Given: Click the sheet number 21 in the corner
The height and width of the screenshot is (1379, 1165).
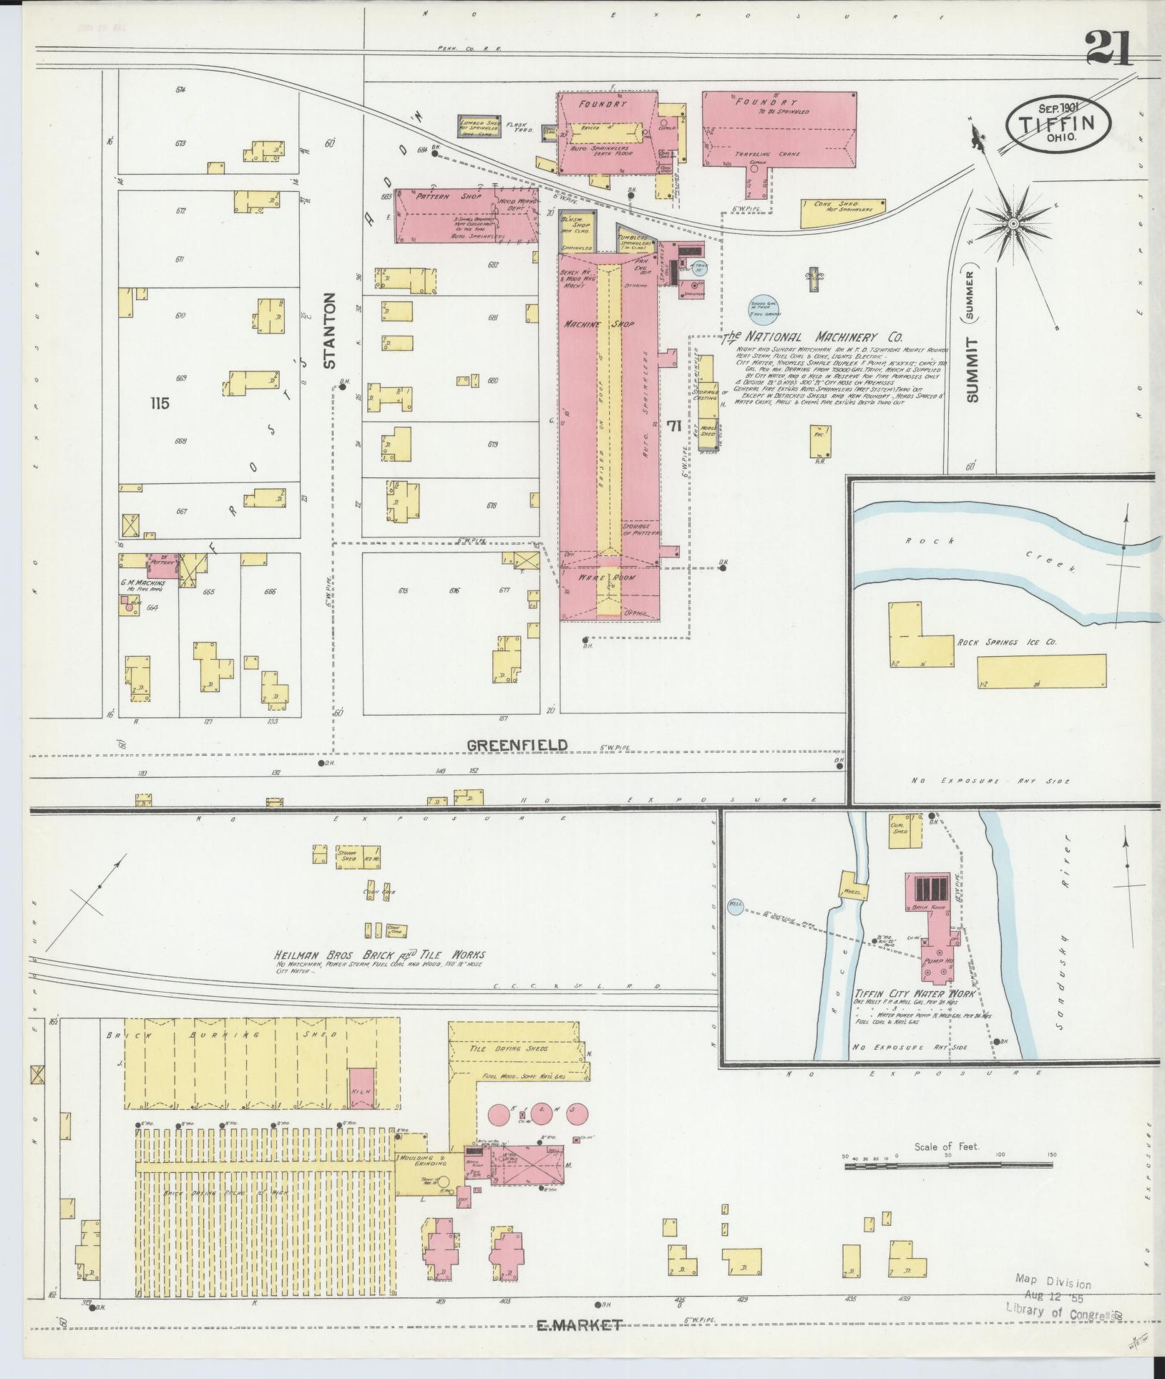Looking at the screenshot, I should point(1108,49).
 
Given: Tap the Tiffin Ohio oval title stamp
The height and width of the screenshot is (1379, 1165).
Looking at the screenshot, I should point(1059,122).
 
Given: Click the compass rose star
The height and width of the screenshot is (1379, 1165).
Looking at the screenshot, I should point(1013,225).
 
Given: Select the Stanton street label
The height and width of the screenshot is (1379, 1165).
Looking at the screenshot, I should point(330,331).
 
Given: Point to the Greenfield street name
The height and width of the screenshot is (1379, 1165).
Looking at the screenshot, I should point(517,745).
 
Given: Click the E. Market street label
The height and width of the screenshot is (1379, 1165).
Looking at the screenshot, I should point(579,1325).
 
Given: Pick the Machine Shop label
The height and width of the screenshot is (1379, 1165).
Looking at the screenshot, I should point(600,324).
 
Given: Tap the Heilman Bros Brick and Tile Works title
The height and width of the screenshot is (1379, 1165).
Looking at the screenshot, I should point(380,955).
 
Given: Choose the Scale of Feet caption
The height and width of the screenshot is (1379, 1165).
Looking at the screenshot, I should point(946,1147).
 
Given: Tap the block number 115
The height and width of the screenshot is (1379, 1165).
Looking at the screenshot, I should point(160,404).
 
